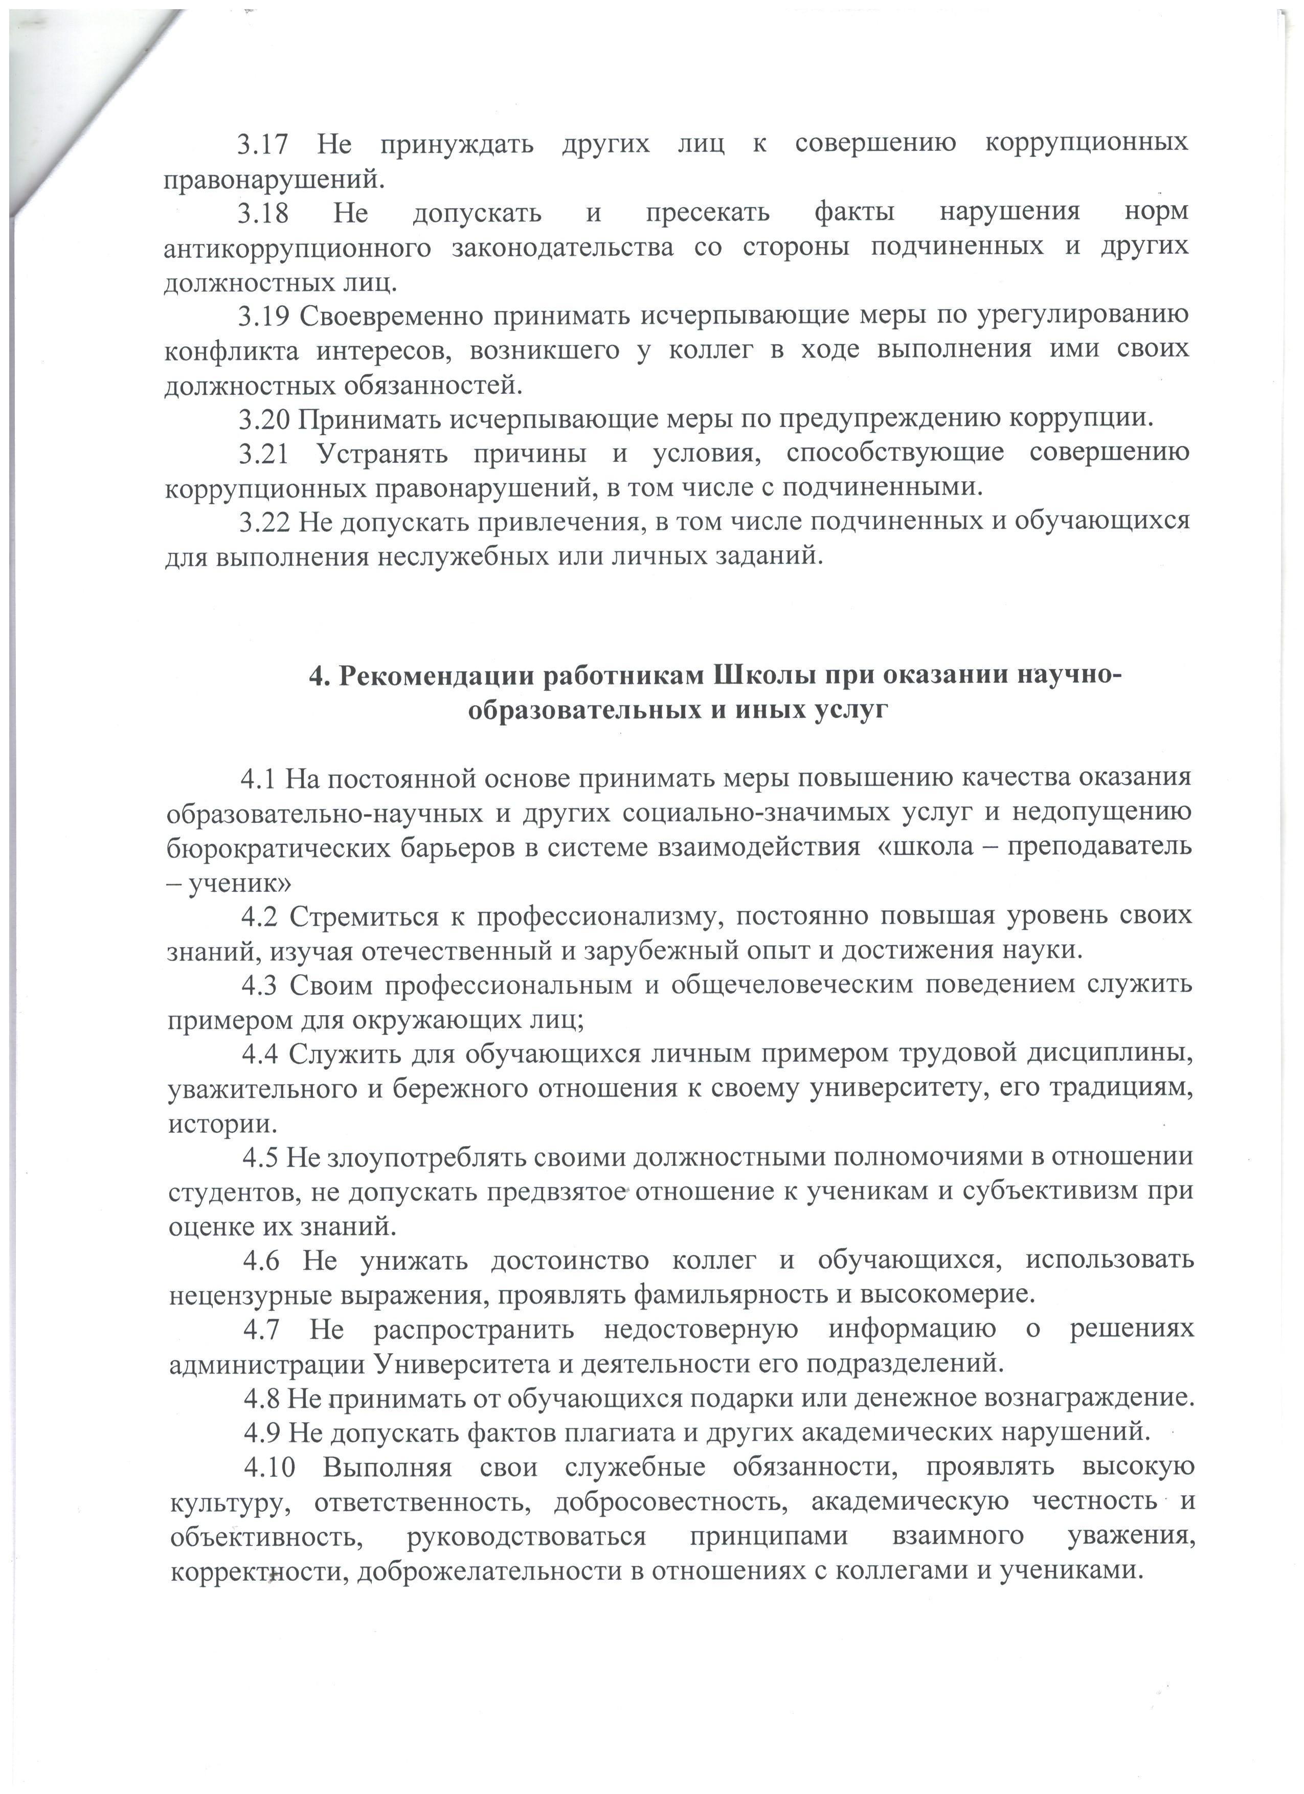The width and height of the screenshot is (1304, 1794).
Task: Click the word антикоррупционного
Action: (x=297, y=248)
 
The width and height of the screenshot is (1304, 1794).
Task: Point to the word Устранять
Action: (x=383, y=453)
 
